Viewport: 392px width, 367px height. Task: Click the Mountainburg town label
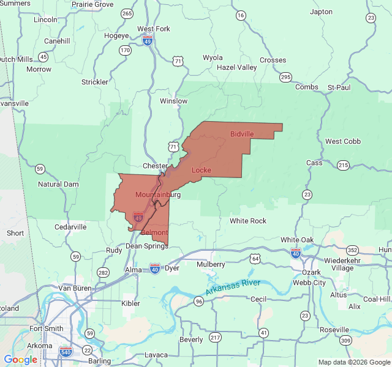point(157,195)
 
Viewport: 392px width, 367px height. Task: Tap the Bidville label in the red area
point(242,134)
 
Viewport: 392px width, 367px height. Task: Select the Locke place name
point(202,169)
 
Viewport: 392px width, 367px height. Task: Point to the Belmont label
point(154,234)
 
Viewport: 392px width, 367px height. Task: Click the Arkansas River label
point(233,288)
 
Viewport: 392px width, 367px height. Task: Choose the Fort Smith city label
point(45,328)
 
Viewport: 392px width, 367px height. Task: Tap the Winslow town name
point(173,101)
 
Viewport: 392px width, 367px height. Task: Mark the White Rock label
point(248,221)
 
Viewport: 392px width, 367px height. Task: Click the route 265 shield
point(127,13)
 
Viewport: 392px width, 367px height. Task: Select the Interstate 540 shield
point(66,351)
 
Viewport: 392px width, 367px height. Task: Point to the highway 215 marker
point(343,165)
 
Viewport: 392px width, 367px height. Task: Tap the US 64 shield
point(255,259)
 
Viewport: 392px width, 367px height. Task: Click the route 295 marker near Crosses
point(285,76)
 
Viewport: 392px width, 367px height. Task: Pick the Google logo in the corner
point(20,360)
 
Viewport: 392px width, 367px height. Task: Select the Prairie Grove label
point(92,4)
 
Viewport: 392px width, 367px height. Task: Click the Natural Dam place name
point(58,184)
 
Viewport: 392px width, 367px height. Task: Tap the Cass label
point(314,163)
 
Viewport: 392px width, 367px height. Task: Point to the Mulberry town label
point(211,264)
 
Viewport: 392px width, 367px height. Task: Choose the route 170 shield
point(125,50)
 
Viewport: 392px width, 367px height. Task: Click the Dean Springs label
point(146,246)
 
